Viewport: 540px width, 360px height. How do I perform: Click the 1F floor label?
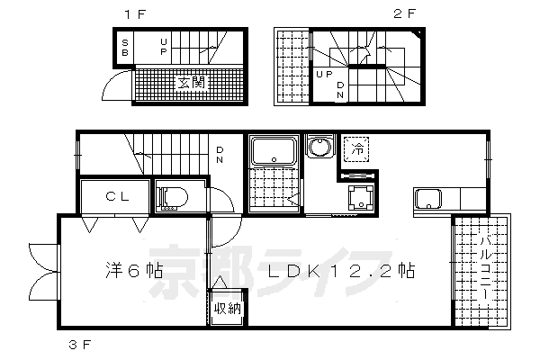tap(132, 14)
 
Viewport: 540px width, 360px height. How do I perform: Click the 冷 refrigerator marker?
tap(357, 148)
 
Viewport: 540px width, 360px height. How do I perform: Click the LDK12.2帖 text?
tap(337, 270)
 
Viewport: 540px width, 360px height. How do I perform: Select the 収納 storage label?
tap(226, 308)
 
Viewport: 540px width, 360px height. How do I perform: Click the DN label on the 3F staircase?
tap(220, 156)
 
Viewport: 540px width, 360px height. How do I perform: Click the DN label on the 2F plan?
tap(341, 88)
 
